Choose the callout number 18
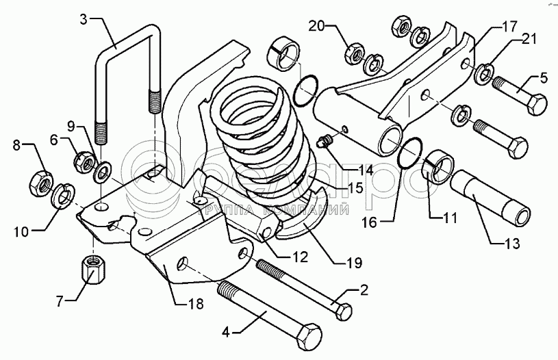point(196,305)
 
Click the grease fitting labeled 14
point(327,141)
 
